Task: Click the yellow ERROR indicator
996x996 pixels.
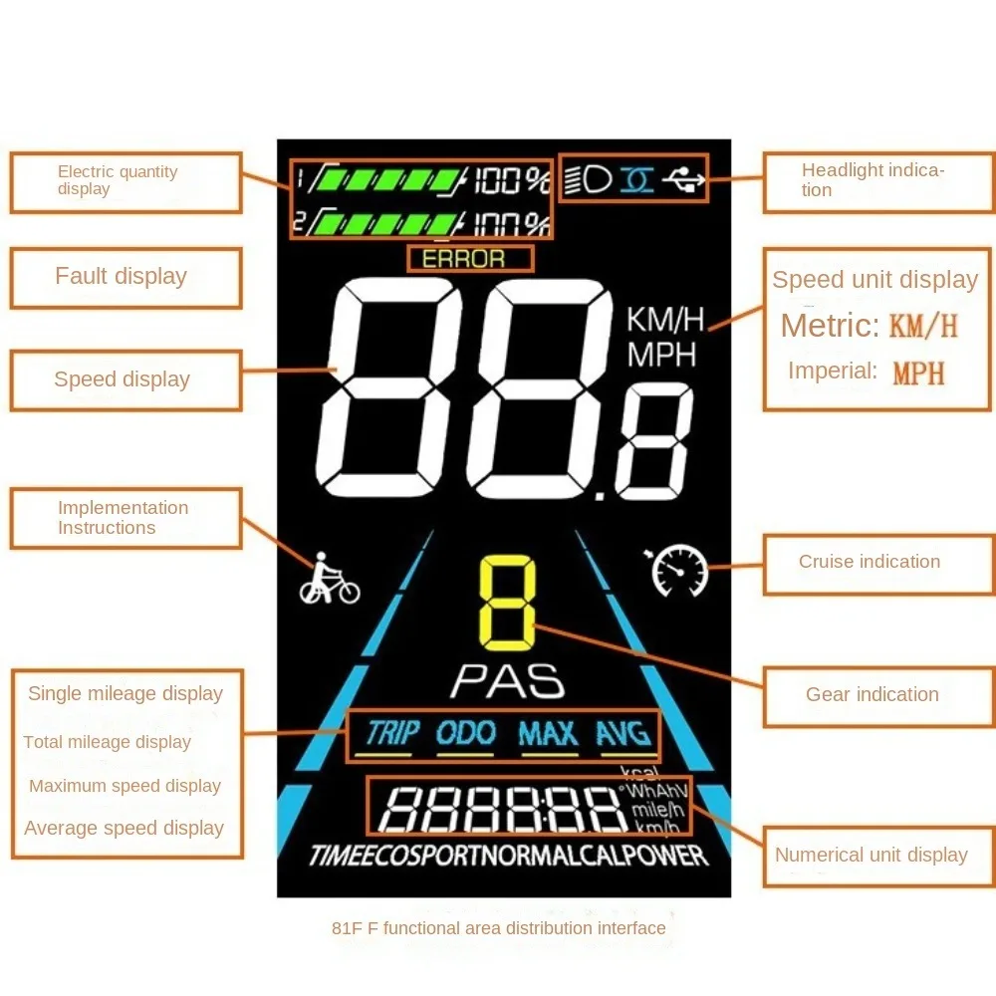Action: tap(464, 259)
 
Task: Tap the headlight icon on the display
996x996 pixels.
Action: tap(588, 179)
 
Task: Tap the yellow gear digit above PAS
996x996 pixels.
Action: tap(507, 601)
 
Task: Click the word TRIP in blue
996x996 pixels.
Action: tap(392, 734)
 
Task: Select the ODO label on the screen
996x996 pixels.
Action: tap(466, 734)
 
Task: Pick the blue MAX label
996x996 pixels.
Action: tap(548, 734)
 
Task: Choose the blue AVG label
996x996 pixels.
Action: tap(623, 734)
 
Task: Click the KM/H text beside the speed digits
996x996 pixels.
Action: tap(665, 320)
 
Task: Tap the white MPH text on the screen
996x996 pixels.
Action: tap(661, 354)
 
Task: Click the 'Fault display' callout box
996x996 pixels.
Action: tap(125, 278)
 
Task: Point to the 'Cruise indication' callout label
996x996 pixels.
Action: tap(870, 562)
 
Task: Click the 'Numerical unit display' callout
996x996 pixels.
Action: tap(871, 855)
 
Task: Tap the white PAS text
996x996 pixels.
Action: tap(507, 681)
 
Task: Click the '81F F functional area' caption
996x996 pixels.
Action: tap(498, 928)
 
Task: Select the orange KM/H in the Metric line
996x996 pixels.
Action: tap(923, 326)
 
